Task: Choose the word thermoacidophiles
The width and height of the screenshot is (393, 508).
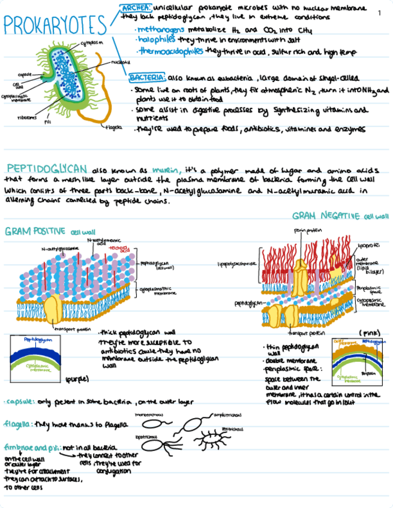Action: point(171,52)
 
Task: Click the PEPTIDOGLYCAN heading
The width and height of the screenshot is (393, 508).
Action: point(47,168)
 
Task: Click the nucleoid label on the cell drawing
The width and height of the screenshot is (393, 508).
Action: point(118,62)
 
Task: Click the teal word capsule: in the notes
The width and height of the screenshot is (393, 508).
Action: point(18,402)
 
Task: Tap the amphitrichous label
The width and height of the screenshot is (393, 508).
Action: point(227,414)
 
